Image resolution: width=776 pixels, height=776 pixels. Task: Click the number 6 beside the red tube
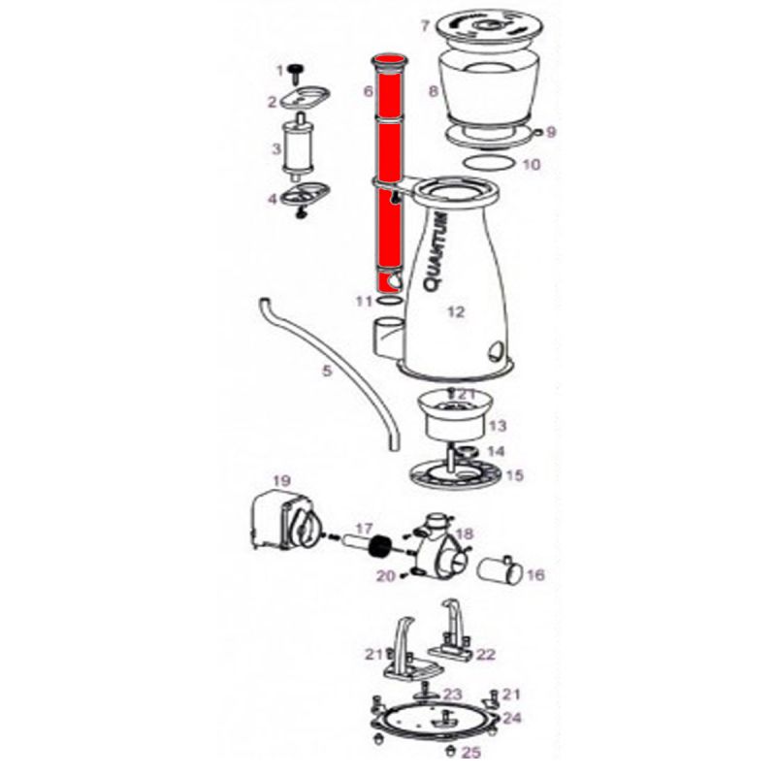click(x=368, y=91)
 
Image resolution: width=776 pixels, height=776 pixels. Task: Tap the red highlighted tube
click(x=390, y=174)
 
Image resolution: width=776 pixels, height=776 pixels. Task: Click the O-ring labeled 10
click(x=488, y=162)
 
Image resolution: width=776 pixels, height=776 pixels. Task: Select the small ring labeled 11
click(x=389, y=301)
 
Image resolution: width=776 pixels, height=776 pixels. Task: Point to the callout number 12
click(x=456, y=311)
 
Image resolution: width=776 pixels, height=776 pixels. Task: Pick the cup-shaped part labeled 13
click(x=454, y=416)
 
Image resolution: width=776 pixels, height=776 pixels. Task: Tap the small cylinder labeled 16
click(x=500, y=570)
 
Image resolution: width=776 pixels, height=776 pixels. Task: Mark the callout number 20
click(x=386, y=575)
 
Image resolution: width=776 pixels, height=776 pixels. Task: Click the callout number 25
click(x=471, y=753)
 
